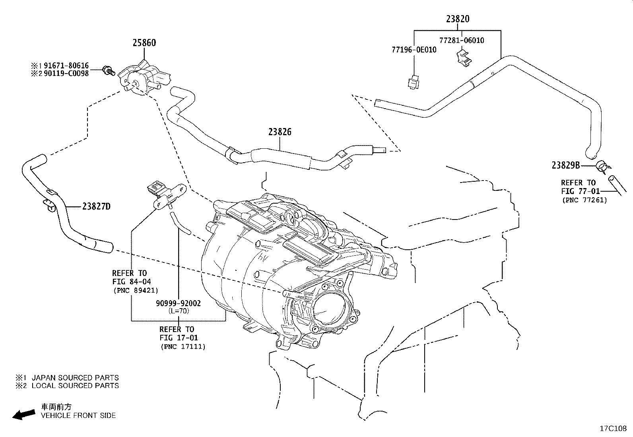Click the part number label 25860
point(144,43)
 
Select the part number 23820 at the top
point(458,19)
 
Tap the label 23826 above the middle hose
point(280,132)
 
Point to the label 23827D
point(96,207)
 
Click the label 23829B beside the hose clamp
point(566,165)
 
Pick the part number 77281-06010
point(462,41)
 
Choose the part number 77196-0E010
point(414,50)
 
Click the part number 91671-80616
point(66,66)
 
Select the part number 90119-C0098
point(66,74)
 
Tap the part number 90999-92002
point(178,303)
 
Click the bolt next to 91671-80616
point(109,70)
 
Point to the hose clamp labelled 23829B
point(603,166)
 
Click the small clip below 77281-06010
point(464,58)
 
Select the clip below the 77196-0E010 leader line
point(414,82)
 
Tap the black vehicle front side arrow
point(24,414)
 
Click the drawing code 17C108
point(613,429)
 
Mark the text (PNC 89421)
point(136,291)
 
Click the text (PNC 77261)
point(584,200)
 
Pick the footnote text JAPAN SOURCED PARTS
point(75,378)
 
